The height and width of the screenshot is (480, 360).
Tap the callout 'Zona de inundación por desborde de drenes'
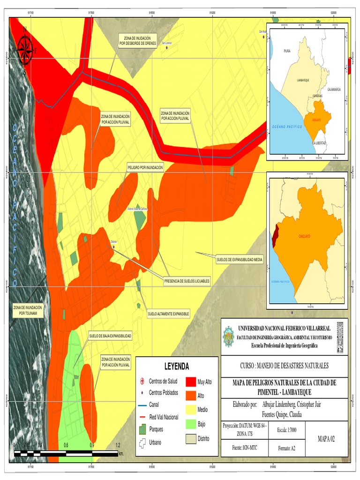point(137,40)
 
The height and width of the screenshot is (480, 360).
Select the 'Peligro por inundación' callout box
point(145,167)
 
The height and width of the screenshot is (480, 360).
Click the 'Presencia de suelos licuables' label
point(187,281)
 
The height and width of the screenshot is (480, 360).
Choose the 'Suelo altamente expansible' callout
point(168,313)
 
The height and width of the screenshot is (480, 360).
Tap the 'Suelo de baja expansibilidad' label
point(110,336)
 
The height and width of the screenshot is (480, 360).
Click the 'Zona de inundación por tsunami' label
point(28,310)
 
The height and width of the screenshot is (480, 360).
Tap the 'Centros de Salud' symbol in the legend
point(143,381)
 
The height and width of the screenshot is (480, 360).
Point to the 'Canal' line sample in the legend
point(143,405)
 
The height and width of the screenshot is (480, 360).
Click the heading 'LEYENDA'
point(176,366)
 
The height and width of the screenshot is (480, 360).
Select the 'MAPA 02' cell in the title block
point(326,439)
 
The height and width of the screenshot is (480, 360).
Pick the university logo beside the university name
point(228,336)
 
